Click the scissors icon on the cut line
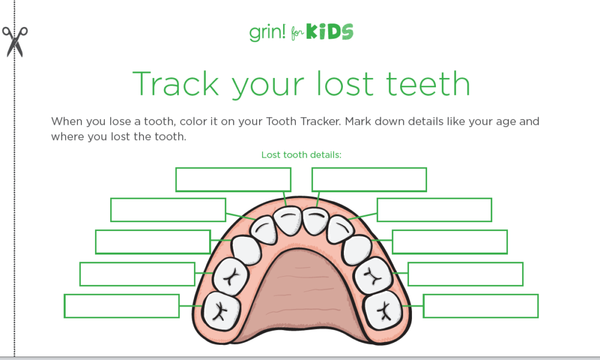[15, 41]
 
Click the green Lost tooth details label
[301, 155]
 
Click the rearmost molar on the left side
[221, 311]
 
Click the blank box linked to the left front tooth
[233, 179]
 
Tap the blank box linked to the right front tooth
[369, 179]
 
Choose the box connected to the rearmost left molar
[121, 306]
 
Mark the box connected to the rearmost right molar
[480, 306]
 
